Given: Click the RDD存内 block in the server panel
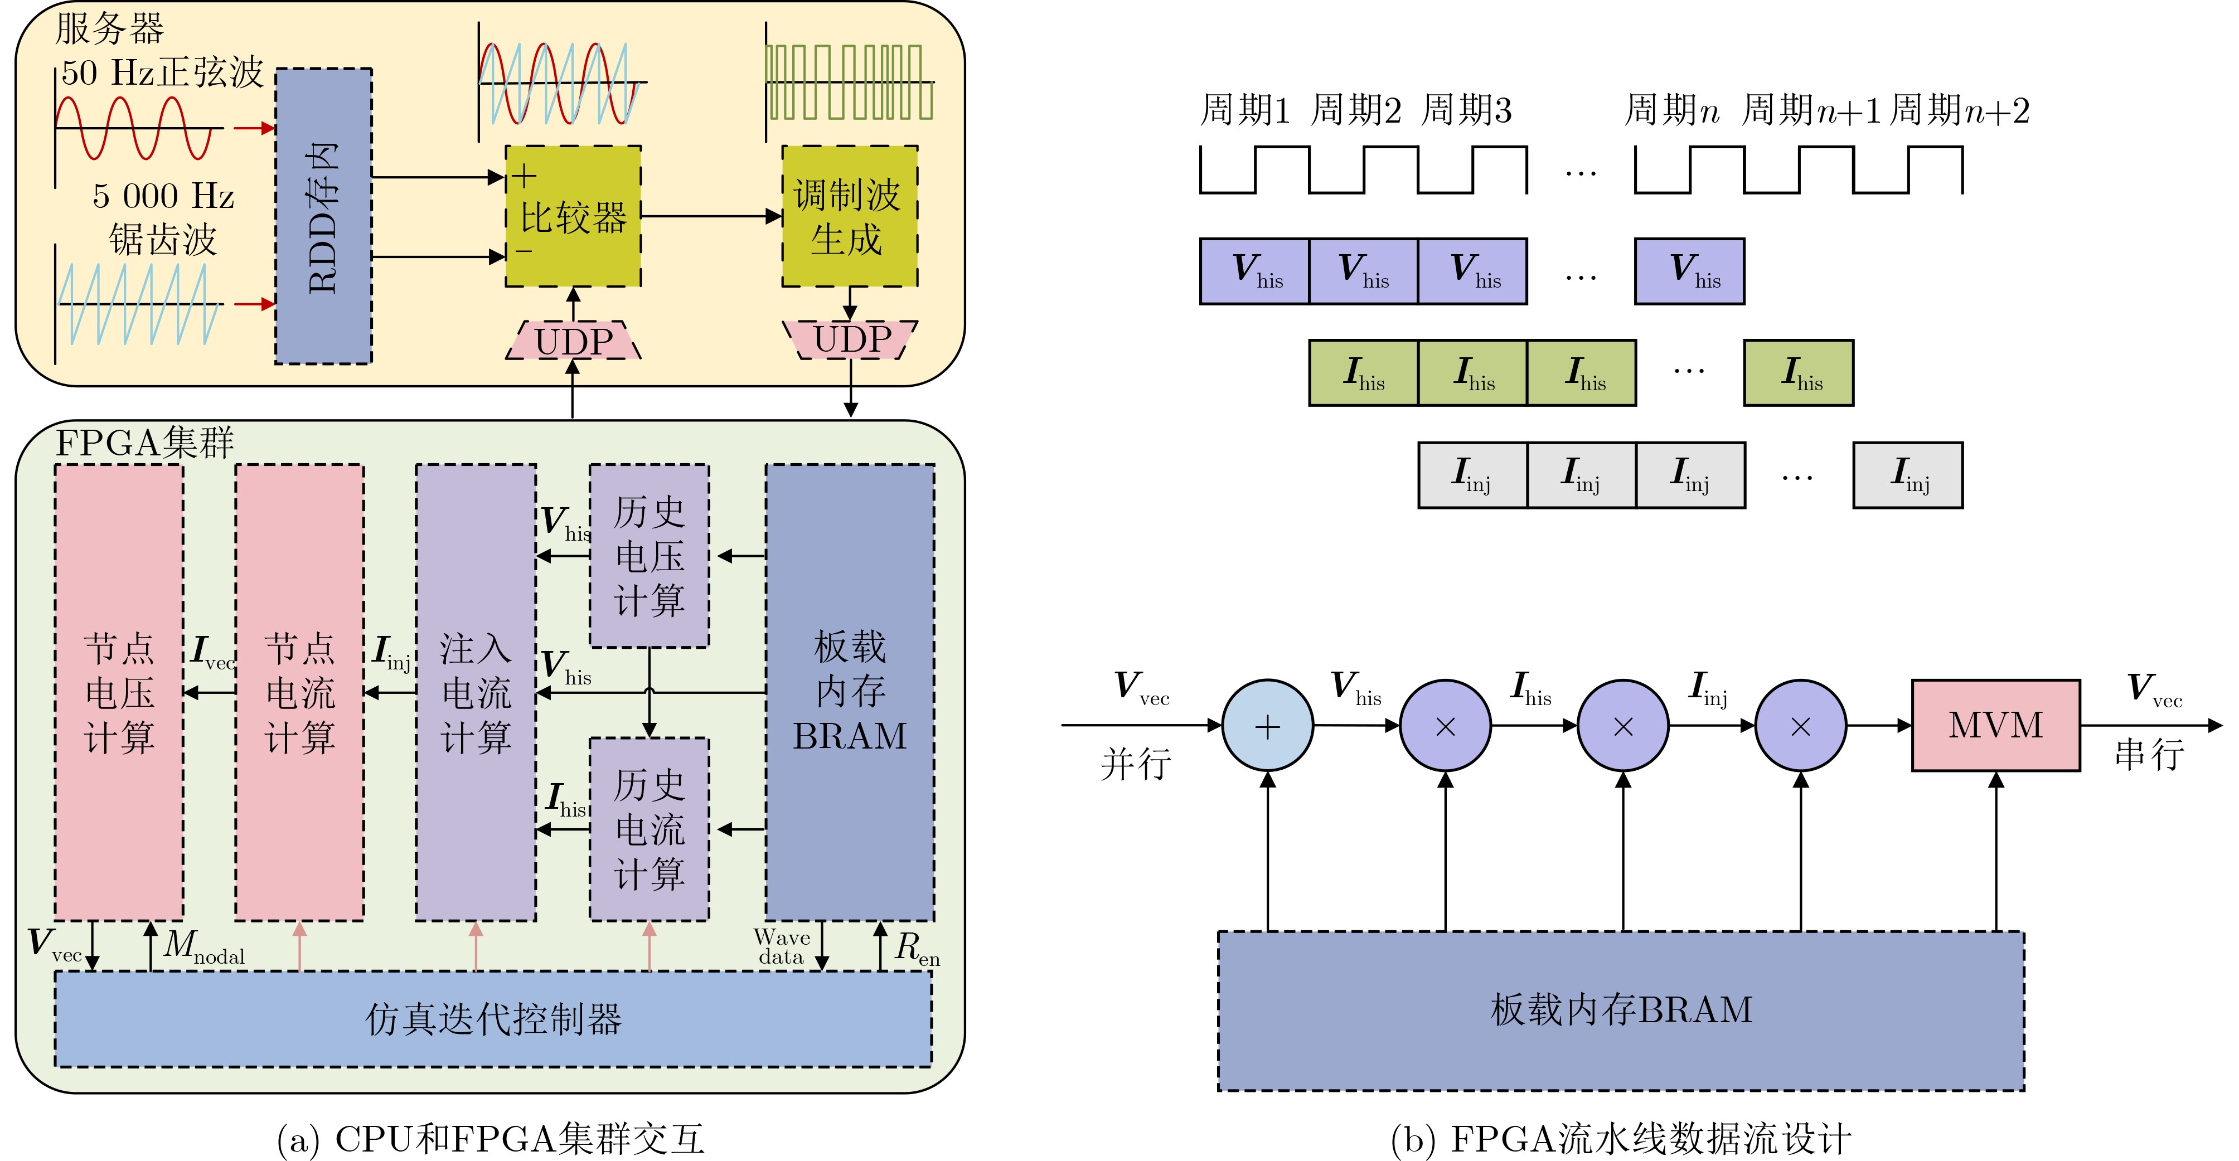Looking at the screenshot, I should [323, 216].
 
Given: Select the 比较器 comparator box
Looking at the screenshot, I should [573, 216].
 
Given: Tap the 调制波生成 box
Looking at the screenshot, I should [849, 216].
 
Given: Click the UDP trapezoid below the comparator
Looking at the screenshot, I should [573, 341].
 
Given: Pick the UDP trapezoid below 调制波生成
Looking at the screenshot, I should [851, 339].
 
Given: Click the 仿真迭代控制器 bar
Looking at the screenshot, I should [493, 1018].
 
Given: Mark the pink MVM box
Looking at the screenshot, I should [1995, 725].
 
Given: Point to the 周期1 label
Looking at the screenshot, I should [1244, 110].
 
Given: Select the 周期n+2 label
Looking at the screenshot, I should [1960, 110].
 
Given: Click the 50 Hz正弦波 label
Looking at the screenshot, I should [162, 72].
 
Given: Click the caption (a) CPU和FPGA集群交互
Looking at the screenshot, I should [491, 1138].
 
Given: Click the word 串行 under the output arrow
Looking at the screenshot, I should [2149, 754].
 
